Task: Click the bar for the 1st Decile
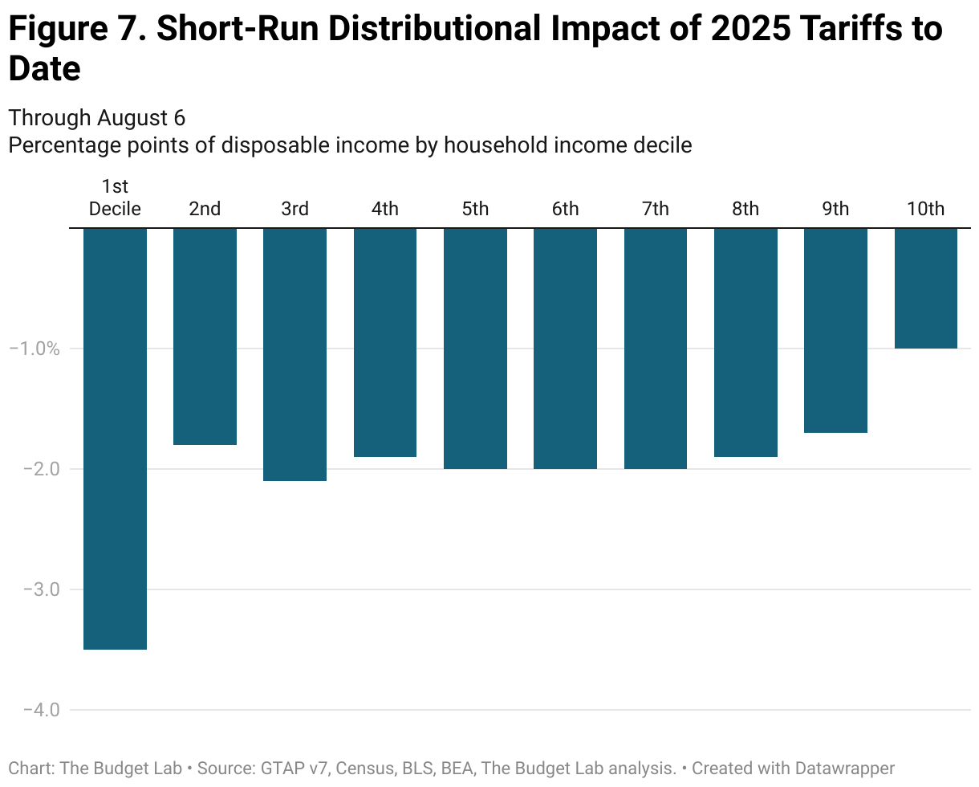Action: [x=115, y=438]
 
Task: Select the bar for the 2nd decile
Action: [x=205, y=336]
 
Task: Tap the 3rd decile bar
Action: [x=295, y=354]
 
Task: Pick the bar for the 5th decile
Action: [x=475, y=348]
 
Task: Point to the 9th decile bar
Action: [x=835, y=330]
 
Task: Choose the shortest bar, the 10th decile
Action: [x=925, y=288]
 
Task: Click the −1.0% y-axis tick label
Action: [x=35, y=349]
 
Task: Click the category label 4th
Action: [x=384, y=209]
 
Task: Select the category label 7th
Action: [x=655, y=209]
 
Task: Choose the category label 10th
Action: [x=925, y=209]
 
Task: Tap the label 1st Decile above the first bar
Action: [x=115, y=198]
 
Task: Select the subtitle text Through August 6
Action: [x=96, y=118]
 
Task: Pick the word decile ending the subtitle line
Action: [x=662, y=145]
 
